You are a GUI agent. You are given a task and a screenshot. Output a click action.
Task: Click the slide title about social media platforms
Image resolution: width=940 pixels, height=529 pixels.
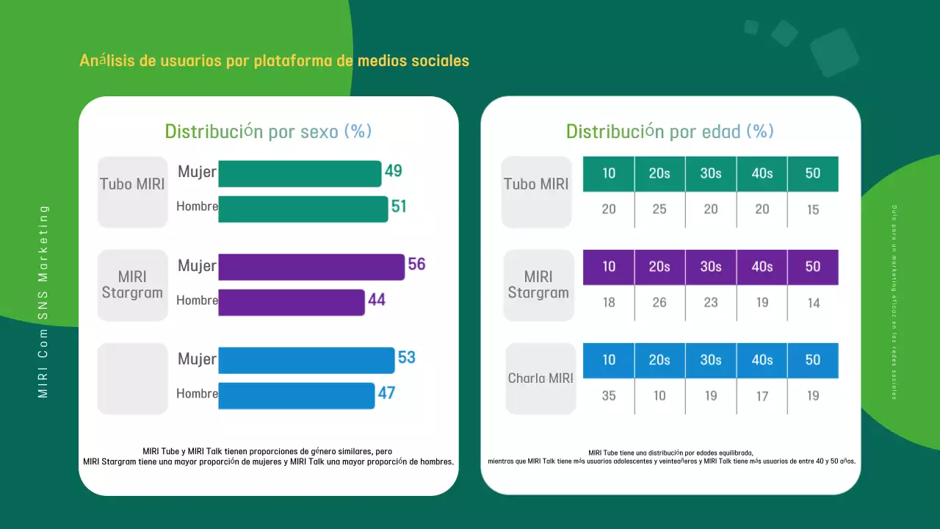[274, 60]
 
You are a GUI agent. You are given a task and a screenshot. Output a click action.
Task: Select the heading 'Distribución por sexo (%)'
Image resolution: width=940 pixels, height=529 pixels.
[268, 132]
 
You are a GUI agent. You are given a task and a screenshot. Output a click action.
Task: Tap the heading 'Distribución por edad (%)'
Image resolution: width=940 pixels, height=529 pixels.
[670, 132]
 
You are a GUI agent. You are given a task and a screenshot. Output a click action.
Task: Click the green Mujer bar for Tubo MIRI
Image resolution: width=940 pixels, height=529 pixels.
[300, 174]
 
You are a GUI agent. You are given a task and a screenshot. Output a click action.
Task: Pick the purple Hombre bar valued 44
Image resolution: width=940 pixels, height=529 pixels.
[292, 302]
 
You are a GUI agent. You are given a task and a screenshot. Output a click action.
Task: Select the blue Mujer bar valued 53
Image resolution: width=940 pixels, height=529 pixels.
[306, 360]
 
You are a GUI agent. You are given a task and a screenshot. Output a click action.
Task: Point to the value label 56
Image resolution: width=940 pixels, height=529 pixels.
[416, 264]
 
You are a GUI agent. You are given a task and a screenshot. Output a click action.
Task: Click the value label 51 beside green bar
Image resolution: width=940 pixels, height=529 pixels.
[399, 207]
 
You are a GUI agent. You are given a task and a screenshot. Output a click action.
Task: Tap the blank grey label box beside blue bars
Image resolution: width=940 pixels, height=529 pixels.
[133, 378]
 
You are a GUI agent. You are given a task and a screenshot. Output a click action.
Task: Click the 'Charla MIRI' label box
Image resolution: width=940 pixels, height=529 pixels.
[540, 378]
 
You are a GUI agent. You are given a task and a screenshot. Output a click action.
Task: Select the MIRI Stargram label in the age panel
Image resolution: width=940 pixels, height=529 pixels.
[538, 285]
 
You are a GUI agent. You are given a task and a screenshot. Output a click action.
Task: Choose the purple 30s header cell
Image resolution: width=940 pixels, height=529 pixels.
[710, 267]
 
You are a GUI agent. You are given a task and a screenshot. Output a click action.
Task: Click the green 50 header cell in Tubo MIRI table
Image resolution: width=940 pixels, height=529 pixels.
[812, 174]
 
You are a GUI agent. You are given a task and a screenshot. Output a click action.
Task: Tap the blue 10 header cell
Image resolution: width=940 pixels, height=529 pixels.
[609, 361]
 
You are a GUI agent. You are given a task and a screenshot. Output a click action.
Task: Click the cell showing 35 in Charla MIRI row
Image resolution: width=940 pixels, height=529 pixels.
[609, 396]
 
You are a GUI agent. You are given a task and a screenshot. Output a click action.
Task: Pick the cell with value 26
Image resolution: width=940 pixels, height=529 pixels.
[659, 303]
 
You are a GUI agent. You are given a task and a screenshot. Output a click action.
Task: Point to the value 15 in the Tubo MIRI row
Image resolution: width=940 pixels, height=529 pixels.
[812, 210]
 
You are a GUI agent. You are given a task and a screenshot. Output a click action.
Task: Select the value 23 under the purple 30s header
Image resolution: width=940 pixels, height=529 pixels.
[710, 303]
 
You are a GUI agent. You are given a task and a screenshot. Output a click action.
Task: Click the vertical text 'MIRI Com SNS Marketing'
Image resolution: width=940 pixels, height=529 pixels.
[43, 301]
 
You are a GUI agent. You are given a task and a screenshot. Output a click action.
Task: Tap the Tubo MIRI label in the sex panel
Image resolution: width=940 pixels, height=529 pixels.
[133, 184]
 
